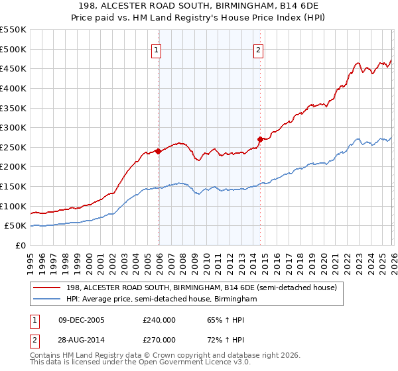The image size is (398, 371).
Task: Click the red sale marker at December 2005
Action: tap(159, 151)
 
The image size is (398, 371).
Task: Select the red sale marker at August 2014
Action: tap(260, 139)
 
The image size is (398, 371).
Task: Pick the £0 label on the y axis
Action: tap(20, 245)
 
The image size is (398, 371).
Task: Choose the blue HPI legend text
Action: tap(161, 299)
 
